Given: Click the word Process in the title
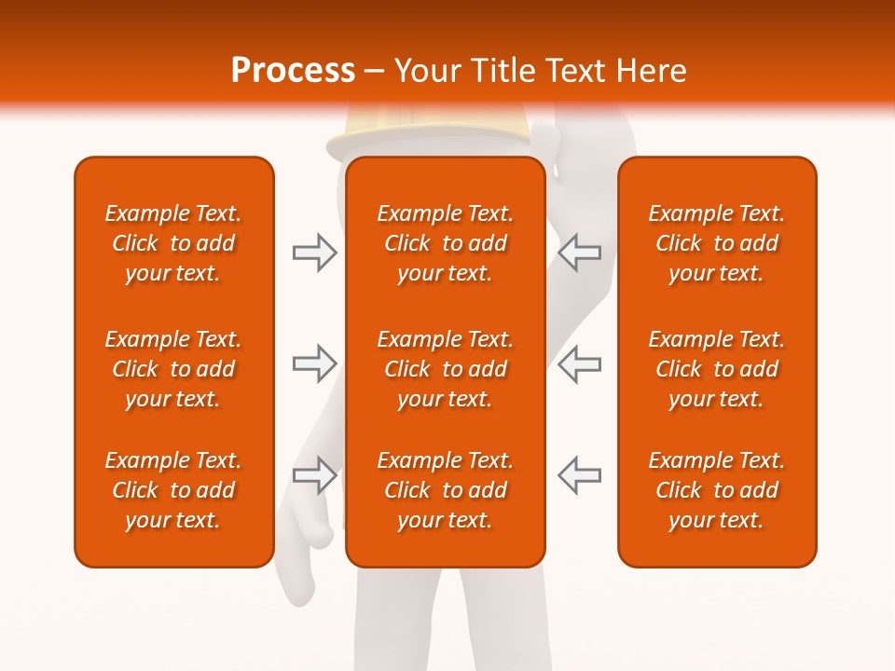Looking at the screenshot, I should (293, 71).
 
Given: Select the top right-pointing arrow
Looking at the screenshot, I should (314, 253).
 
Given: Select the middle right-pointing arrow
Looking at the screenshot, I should (314, 363).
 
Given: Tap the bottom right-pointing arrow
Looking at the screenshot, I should (314, 475).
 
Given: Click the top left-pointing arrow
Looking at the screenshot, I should (580, 253).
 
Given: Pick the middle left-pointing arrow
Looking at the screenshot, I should (580, 363).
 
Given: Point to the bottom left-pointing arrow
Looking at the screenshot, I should (580, 475).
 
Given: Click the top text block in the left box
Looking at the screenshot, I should (173, 243).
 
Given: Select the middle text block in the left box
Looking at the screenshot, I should (173, 369).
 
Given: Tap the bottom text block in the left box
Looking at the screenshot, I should (173, 490).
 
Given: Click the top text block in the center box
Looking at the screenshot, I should (445, 243).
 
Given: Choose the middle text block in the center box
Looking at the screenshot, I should (445, 369).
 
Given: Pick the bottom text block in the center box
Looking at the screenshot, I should (445, 490).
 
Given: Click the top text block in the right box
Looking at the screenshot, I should (716, 243).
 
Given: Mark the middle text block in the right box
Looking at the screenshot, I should (716, 369).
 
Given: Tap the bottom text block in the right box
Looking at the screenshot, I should (716, 490).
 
